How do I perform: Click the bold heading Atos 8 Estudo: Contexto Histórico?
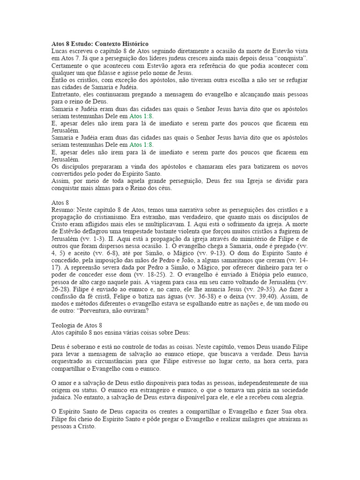coord(99,44)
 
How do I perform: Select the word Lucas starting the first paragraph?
coord(59,51)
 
